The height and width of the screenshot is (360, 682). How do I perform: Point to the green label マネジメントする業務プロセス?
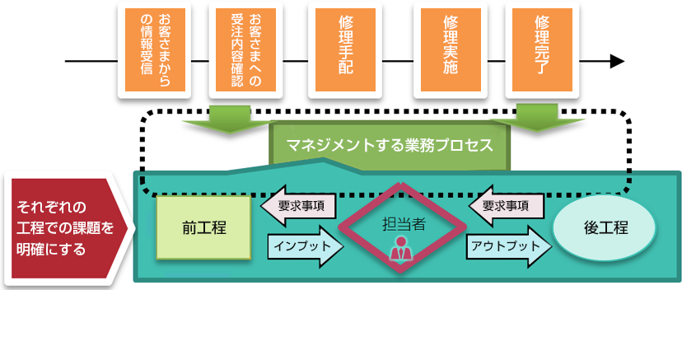click(x=390, y=146)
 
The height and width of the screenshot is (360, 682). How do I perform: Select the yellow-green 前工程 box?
click(x=204, y=227)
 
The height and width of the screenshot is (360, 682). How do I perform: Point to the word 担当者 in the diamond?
click(x=404, y=223)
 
